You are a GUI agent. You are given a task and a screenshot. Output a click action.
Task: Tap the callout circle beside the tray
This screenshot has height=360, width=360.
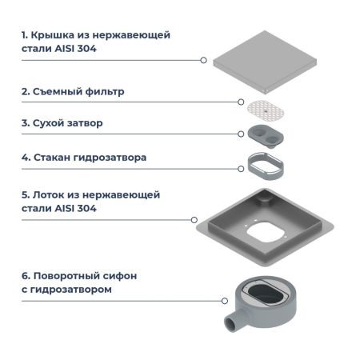194,219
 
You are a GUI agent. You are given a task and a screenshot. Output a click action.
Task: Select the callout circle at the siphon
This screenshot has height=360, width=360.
222,301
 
